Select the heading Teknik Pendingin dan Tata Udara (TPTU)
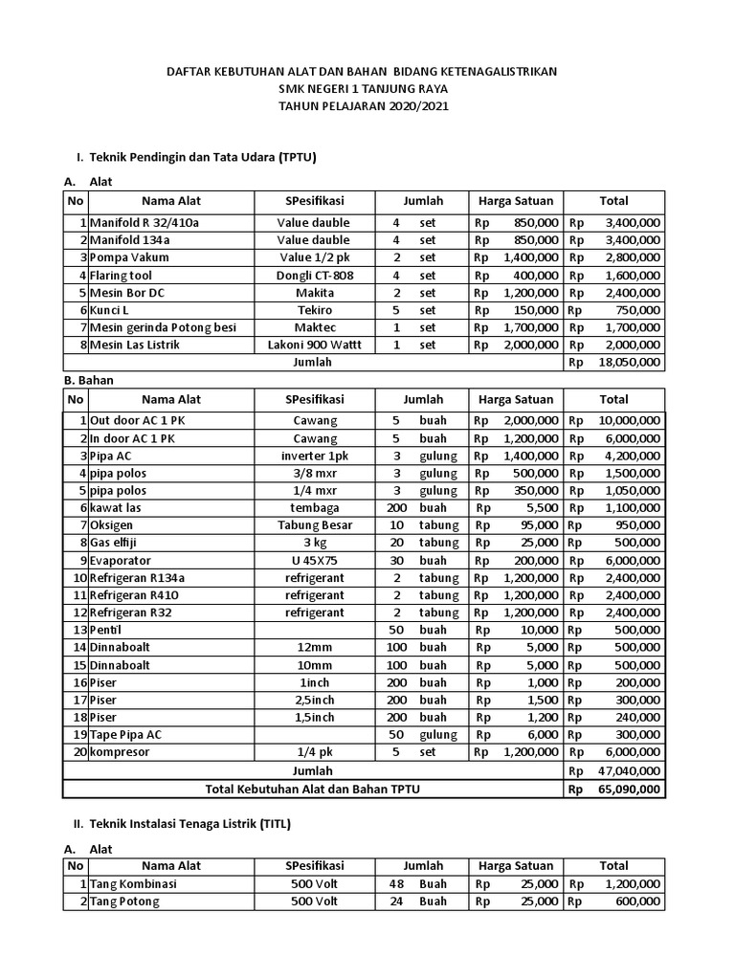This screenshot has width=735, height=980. pos(203,155)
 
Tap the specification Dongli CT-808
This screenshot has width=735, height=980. pos(314,275)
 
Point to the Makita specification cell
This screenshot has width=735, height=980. pos(314,292)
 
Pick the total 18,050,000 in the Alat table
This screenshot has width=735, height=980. pos(629,362)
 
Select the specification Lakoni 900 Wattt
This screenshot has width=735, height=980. pos(314,344)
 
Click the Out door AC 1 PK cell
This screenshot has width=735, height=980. pos(133,420)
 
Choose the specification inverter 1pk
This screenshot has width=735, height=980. pos(314,455)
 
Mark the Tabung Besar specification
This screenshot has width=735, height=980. pos(314,524)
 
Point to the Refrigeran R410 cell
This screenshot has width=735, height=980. pos(135,594)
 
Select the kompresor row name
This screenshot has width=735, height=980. pos(122,752)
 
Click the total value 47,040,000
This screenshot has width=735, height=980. pos(629,770)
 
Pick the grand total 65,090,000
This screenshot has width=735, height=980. pos(629,789)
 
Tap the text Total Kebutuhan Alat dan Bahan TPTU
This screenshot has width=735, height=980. pos(313,789)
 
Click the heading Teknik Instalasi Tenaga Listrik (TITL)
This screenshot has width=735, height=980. pos(189,823)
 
